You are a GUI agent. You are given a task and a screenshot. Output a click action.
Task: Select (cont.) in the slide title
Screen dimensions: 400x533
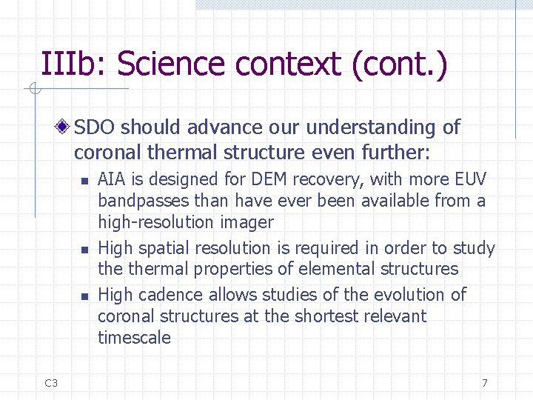(x=400, y=64)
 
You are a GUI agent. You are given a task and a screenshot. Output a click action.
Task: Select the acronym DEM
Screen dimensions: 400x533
(x=273, y=179)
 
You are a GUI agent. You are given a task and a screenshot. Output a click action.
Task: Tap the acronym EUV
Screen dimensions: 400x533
(x=470, y=179)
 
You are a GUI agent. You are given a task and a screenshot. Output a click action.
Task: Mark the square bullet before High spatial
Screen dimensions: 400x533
(x=84, y=250)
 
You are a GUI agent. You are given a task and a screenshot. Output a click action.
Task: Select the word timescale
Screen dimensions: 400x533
(x=134, y=338)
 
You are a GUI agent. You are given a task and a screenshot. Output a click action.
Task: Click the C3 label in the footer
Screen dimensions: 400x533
(x=51, y=383)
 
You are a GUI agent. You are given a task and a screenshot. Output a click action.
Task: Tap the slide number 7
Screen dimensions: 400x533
(x=485, y=383)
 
